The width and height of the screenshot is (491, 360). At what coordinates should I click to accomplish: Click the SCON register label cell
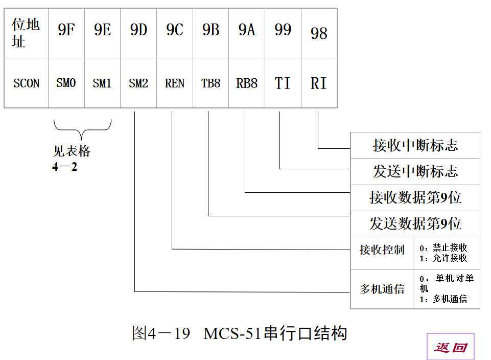[26, 83]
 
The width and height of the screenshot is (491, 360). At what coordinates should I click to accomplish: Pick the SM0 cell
[66, 83]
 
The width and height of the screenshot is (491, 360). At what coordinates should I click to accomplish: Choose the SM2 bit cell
[138, 83]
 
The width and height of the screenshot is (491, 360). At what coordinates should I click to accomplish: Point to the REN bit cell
[175, 83]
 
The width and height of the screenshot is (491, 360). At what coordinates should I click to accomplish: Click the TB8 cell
[211, 83]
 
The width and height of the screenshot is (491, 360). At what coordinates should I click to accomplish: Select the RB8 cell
[247, 83]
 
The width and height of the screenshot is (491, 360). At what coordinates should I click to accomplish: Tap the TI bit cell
[283, 83]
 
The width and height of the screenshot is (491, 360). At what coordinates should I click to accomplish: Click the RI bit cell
[319, 83]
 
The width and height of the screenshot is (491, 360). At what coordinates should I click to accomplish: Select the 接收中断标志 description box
[415, 146]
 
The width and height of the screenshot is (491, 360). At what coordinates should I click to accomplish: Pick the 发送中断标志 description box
[415, 172]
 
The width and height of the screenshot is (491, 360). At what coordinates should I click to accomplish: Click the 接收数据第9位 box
[415, 198]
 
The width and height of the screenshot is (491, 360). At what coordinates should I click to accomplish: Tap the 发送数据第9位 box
[415, 224]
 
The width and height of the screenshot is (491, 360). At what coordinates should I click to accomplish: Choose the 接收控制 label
[382, 250]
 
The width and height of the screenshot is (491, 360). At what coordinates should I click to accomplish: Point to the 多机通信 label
[382, 289]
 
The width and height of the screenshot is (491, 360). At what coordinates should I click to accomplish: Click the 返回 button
[451, 347]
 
